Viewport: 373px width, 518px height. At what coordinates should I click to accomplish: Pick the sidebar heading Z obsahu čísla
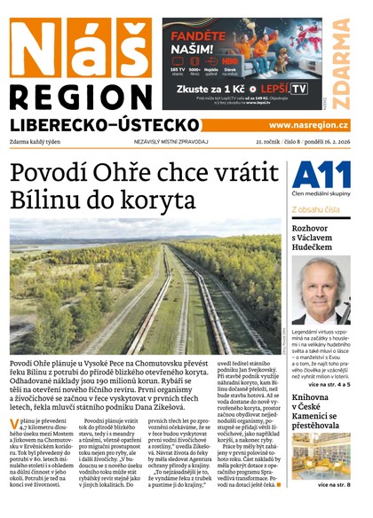[x=315, y=210]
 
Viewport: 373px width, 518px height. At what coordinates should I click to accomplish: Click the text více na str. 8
[x=334, y=484]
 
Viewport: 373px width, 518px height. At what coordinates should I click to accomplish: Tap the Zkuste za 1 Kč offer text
[x=208, y=89]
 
